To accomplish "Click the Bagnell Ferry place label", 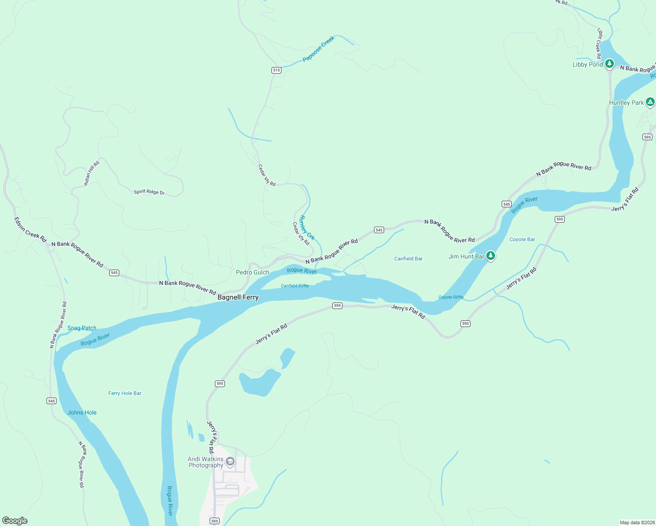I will (x=238, y=297).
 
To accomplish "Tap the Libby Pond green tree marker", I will (x=609, y=64).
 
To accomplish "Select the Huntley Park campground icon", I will (x=650, y=102).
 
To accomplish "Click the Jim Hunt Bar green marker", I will (x=491, y=256).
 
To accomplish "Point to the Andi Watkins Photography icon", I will (x=230, y=462).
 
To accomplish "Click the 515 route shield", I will (x=276, y=70).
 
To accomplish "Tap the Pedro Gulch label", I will (x=253, y=272).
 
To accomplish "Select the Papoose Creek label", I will (x=319, y=49).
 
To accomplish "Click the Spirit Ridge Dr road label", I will (x=149, y=192).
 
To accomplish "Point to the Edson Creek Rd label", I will (x=30, y=230).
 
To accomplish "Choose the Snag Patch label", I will (x=82, y=328).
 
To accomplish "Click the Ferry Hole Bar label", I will (x=125, y=393).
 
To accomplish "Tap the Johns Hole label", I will (x=82, y=412).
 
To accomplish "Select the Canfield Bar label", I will (x=408, y=259).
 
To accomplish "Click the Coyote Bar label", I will (x=522, y=239).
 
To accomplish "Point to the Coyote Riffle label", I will (x=451, y=297).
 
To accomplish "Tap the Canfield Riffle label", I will (x=295, y=286).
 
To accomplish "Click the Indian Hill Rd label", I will (x=92, y=174).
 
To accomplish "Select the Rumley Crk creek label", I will (x=307, y=227).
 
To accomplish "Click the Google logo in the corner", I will (x=15, y=521).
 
